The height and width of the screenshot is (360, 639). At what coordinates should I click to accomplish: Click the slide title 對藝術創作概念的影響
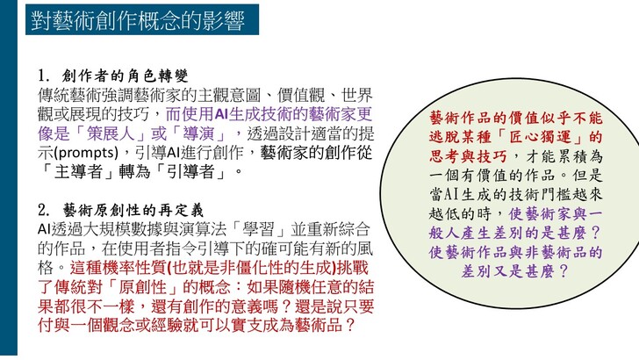138,20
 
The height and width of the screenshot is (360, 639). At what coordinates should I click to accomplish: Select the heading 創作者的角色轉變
126,76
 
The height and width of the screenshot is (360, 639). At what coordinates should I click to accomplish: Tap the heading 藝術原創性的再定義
133,211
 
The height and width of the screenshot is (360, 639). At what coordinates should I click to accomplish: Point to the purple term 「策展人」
110,133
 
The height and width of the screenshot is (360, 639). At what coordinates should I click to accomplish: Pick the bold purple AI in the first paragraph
221,114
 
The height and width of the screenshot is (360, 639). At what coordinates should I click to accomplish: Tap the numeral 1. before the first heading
44,76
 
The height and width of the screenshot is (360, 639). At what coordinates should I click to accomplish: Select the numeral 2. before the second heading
44,211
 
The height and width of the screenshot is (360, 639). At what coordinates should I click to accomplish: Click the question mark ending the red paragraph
349,326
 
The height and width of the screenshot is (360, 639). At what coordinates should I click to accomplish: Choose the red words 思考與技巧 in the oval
468,156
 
